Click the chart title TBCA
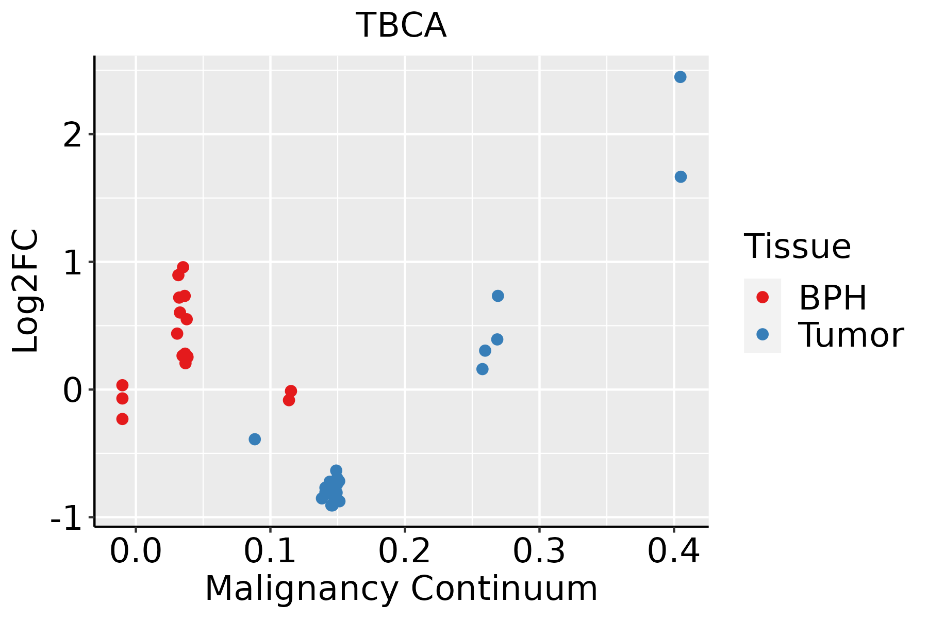[x=401, y=25]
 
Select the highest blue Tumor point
[x=680, y=77]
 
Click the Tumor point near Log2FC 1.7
[x=681, y=177]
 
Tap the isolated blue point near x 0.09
[x=255, y=439]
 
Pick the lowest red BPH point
[x=122, y=419]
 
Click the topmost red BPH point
[x=183, y=267]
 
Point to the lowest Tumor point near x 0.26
[x=483, y=369]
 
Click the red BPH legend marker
[x=762, y=297]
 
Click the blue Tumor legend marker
[x=762, y=334]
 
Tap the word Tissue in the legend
[x=797, y=247]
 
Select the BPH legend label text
[x=833, y=298]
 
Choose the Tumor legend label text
[x=851, y=335]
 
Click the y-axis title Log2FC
[x=26, y=291]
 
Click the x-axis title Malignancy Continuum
[x=401, y=589]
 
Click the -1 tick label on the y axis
[x=67, y=518]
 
